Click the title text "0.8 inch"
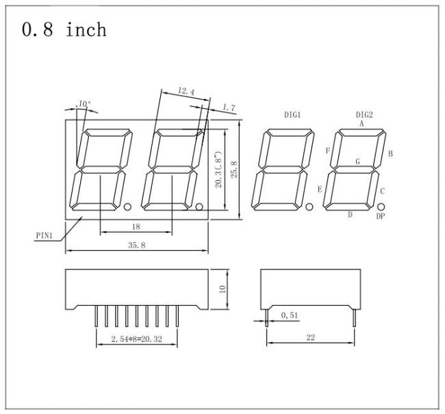tap(64, 29)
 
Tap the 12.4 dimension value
tap(186, 91)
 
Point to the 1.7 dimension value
tap(229, 108)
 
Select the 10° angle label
tap(84, 104)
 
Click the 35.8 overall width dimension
tap(136, 245)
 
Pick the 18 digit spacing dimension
tap(136, 226)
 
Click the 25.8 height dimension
tap(234, 169)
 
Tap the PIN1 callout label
tap(44, 236)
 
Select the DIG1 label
tap(292, 114)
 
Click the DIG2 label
tap(364, 114)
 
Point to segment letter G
tap(358, 161)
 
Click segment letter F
tap(328, 151)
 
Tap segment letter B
tap(390, 154)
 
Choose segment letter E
tap(320, 189)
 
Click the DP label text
tap(381, 216)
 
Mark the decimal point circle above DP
tap(381, 206)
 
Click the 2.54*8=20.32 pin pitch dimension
tap(136, 339)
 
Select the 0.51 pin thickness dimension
tap(290, 315)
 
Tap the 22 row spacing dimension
tap(311, 337)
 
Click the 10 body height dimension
tap(222, 289)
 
